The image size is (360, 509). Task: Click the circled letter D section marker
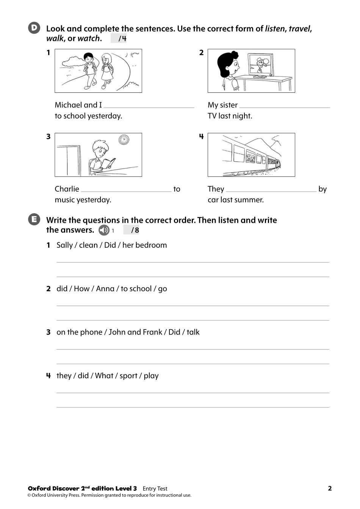[34, 28]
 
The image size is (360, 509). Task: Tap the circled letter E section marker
[34, 220]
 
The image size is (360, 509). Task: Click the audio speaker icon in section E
[103, 230]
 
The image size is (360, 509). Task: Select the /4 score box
[119, 38]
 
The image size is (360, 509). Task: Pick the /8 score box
[131, 230]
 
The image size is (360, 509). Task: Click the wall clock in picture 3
[124, 140]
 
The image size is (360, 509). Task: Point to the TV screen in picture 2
[261, 65]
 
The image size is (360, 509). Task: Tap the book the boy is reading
[108, 164]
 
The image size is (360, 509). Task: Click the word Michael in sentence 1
[68, 105]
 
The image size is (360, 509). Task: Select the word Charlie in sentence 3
[67, 189]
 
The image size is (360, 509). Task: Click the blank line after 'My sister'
[285, 106]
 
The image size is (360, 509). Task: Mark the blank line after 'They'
[271, 190]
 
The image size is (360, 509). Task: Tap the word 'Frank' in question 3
[152, 332]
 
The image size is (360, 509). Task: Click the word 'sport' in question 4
[128, 376]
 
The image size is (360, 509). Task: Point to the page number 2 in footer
[330, 488]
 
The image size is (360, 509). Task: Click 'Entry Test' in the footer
[155, 489]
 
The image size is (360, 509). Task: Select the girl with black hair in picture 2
[229, 68]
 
